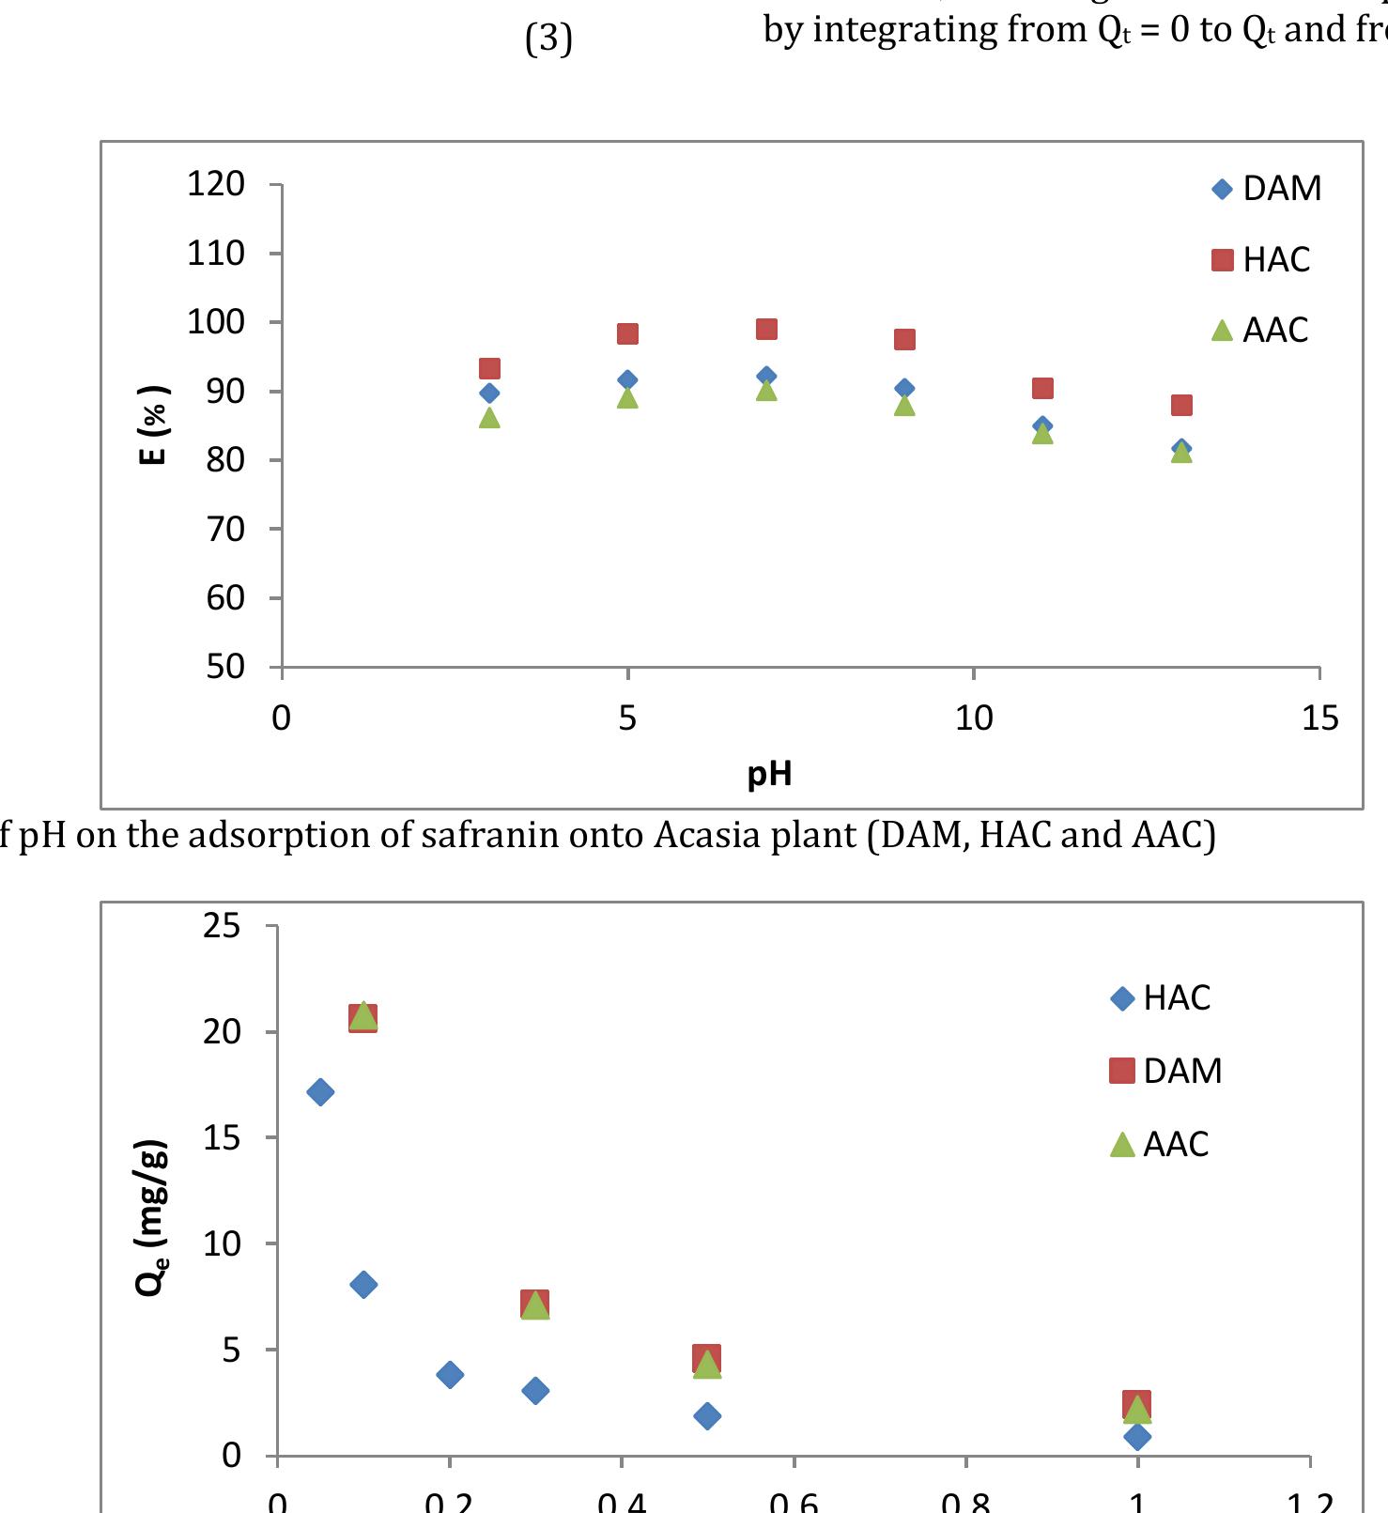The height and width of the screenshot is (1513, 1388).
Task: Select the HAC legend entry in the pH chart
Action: pyautogui.click(x=1260, y=259)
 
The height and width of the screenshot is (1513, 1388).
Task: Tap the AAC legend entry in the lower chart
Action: pyautogui.click(x=1161, y=1144)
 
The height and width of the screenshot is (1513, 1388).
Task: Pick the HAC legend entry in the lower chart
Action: pyautogui.click(x=1162, y=997)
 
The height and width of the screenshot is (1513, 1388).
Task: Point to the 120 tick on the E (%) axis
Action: pyautogui.click(x=216, y=184)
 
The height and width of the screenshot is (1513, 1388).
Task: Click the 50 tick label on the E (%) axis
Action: pyautogui.click(x=225, y=667)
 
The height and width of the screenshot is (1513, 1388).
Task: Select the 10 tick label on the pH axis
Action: pyautogui.click(x=974, y=718)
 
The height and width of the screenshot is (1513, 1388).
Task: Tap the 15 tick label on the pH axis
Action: pyautogui.click(x=1319, y=718)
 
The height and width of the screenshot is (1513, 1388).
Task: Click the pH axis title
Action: pyautogui.click(x=769, y=774)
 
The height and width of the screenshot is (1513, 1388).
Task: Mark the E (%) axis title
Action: pyautogui.click(x=153, y=425)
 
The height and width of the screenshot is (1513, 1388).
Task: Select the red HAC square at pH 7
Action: pyautogui.click(x=766, y=329)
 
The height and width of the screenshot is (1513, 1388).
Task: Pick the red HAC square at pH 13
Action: pyautogui.click(x=1181, y=405)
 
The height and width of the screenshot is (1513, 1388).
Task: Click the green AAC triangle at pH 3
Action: pyautogui.click(x=489, y=418)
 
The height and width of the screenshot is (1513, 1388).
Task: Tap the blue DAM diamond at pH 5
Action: pyautogui.click(x=627, y=380)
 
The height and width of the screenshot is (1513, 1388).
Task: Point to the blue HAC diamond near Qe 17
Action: pyautogui.click(x=320, y=1091)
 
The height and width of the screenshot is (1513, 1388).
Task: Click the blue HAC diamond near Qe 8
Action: pyautogui.click(x=363, y=1284)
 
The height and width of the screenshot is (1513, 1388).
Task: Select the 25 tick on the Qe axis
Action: pyautogui.click(x=222, y=926)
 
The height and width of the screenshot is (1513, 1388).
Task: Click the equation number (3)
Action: pyautogui.click(x=548, y=39)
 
